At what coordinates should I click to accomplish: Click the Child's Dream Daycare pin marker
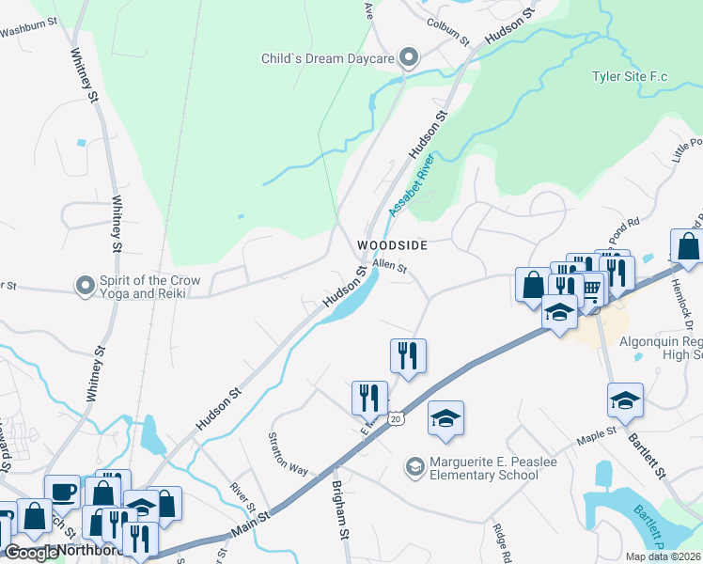pyautogui.click(x=408, y=58)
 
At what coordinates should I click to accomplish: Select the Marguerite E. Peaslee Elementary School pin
pyautogui.click(x=414, y=466)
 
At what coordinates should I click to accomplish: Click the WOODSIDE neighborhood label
pyautogui.click(x=392, y=245)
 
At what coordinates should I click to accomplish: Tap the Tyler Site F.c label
pyautogui.click(x=629, y=76)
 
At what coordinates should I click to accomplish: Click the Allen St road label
pyautogui.click(x=388, y=267)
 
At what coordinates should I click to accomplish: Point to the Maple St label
pyautogui.click(x=596, y=434)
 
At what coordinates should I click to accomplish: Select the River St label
pyautogui.click(x=243, y=498)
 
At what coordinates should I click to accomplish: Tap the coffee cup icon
pyautogui.click(x=62, y=492)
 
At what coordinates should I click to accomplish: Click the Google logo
pyautogui.click(x=30, y=553)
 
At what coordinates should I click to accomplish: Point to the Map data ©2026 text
pyautogui.click(x=660, y=556)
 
